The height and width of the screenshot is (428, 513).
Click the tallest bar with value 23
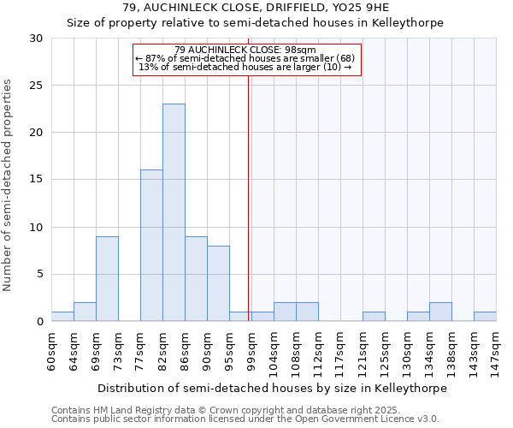(x=174, y=212)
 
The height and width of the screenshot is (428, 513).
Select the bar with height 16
(x=151, y=246)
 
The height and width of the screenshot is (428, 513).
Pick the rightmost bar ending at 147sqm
(x=485, y=317)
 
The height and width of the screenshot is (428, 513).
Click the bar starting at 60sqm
(x=62, y=317)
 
